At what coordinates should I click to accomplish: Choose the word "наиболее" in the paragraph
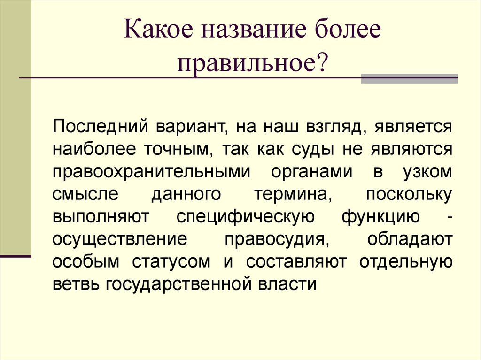pos(92,149)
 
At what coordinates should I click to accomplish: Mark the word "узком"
pos(427,172)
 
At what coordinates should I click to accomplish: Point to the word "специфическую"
pos(242,217)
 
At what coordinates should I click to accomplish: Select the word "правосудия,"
pos(275,239)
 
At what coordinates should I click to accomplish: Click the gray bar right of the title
pos(409,78)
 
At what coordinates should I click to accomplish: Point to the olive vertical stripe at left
pos(15,127)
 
